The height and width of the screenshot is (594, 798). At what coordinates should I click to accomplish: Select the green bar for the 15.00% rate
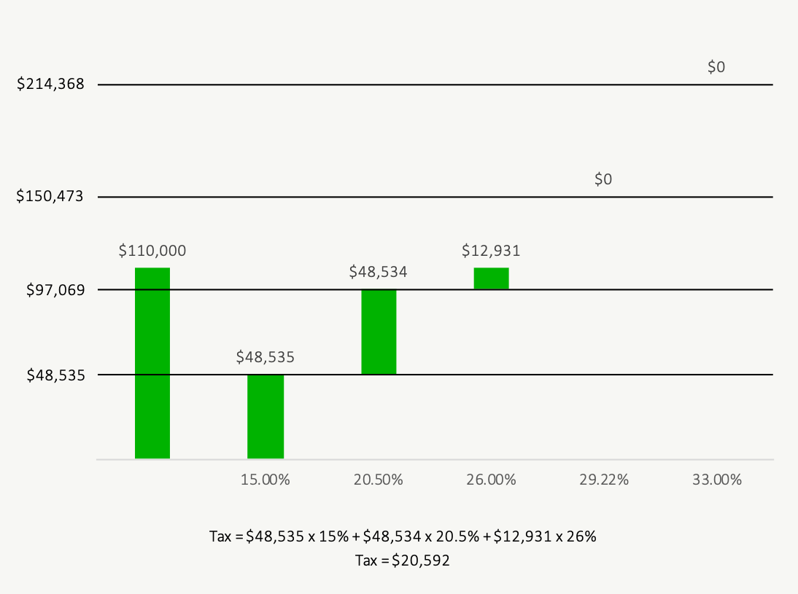pos(266,417)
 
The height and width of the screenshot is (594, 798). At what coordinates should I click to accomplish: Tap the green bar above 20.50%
pos(379,332)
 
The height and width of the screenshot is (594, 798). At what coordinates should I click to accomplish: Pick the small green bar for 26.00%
pos(491,278)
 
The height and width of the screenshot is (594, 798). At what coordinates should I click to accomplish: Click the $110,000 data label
pos(152,251)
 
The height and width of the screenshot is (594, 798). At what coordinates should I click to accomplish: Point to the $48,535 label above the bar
pos(266,357)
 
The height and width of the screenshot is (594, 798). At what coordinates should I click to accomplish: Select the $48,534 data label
pos(378,272)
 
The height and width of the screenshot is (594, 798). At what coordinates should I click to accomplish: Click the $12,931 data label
pos(491,251)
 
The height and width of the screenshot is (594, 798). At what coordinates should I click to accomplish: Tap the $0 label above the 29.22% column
pos(603,179)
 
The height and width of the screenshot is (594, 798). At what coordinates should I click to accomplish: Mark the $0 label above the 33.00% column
pos(716,67)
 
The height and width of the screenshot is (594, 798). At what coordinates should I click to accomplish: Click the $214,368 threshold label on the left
pos(51,85)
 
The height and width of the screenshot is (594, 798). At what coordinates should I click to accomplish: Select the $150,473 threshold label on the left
pos(51,197)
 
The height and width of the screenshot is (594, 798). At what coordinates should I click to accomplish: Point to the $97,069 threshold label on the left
pos(55,290)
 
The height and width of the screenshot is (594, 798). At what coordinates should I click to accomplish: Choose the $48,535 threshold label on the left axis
pos(55,375)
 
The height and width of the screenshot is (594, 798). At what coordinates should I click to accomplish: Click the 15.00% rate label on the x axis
pos(266,480)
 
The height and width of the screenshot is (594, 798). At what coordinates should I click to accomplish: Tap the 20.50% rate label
pos(378,480)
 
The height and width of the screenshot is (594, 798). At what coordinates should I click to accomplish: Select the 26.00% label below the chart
pos(491,480)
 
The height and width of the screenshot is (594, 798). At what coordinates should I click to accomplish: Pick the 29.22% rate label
pos(604,480)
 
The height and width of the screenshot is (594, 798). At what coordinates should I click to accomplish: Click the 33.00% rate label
pos(716,480)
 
